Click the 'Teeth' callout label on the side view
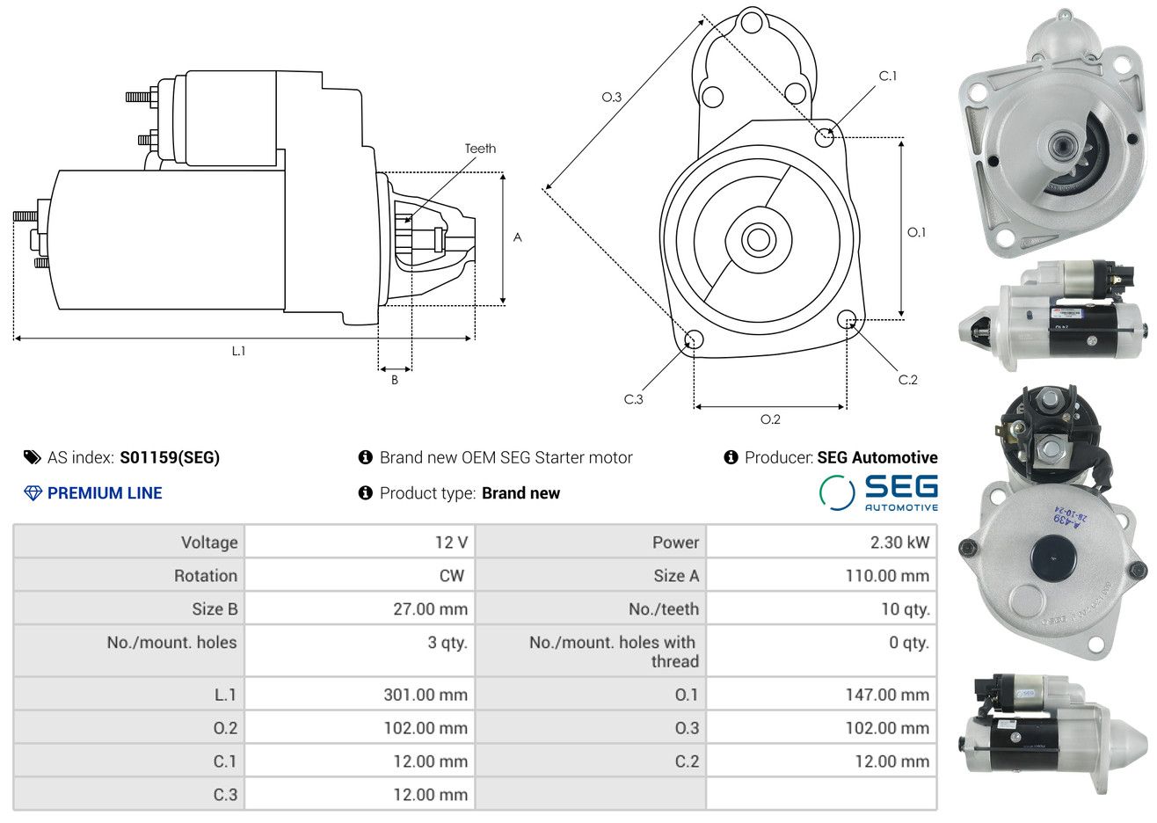480,149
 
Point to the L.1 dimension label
238,351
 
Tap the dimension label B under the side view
395,380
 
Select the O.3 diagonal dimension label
611,97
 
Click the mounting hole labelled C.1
825,137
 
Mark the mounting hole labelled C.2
847,318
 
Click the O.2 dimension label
770,419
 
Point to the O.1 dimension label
916,232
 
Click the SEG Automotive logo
878,493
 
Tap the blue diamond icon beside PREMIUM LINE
33,493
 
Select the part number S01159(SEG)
170,457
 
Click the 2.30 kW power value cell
899,543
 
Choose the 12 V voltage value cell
451,543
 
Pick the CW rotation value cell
451,576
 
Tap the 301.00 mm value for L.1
426,695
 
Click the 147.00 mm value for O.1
887,695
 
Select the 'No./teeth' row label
664,609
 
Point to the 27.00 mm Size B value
430,609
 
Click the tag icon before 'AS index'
32,457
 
